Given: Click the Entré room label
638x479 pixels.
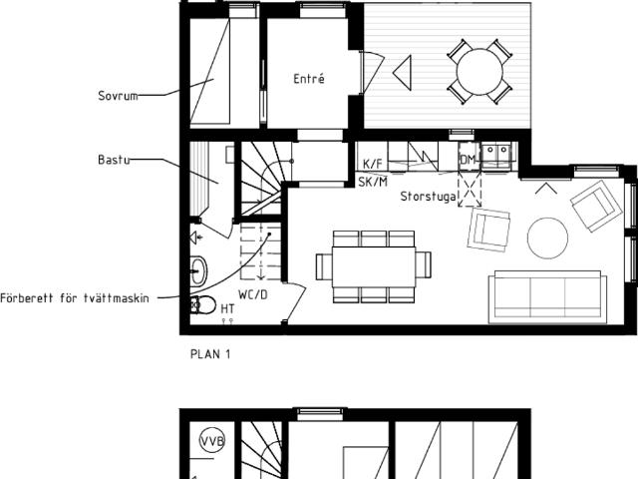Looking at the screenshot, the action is point(309,79).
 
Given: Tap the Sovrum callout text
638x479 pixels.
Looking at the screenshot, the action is point(118,96).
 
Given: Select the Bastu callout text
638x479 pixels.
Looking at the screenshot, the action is point(114,160).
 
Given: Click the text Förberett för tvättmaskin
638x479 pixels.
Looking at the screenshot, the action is point(75,298).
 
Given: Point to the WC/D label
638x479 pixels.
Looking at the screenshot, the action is point(252,294).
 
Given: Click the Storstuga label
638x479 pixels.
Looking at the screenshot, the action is point(429,197).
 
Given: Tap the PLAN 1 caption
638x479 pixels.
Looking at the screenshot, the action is point(210,354).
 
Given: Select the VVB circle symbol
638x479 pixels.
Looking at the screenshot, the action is point(212,441).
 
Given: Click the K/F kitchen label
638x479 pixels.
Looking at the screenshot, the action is point(372,164).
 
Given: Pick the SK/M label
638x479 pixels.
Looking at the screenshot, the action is point(373,182).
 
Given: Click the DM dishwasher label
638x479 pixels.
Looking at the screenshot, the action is point(468,160).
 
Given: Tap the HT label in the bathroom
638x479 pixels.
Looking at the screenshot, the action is point(227,309).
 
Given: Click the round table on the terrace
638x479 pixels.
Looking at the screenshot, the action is point(479,72).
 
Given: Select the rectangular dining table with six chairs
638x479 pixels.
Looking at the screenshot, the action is point(374,266).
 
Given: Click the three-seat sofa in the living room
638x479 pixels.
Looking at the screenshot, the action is point(547,296).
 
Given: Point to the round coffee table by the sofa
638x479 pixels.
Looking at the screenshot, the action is point(547,239).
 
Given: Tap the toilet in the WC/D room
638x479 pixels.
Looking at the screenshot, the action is point(203,304).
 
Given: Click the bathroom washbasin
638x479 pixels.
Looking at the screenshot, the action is point(198,270).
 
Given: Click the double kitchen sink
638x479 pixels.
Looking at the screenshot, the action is point(496,154).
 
